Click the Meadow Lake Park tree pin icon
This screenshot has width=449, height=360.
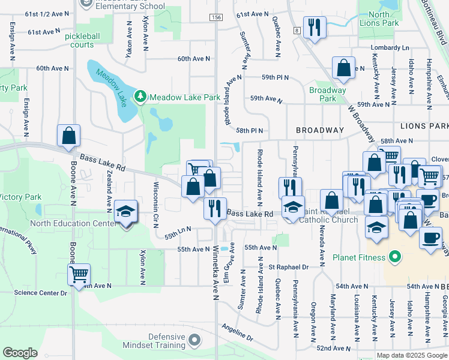(140, 97)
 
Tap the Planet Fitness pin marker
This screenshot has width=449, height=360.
(394, 258)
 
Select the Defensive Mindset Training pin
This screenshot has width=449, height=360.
(194, 341)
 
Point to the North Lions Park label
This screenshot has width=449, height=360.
(383, 19)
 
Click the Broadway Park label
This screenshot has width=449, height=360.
(328, 94)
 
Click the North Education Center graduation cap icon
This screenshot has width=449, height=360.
(126, 212)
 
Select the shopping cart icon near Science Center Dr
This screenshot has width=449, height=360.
(79, 275)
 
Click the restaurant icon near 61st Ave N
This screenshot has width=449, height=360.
(314, 27)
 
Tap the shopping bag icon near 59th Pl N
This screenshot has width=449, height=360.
(343, 68)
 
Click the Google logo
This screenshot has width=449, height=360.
(20, 353)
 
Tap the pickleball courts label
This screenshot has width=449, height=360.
(79, 40)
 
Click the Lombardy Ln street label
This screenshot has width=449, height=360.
(390, 47)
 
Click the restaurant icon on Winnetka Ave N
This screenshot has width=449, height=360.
(215, 209)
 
